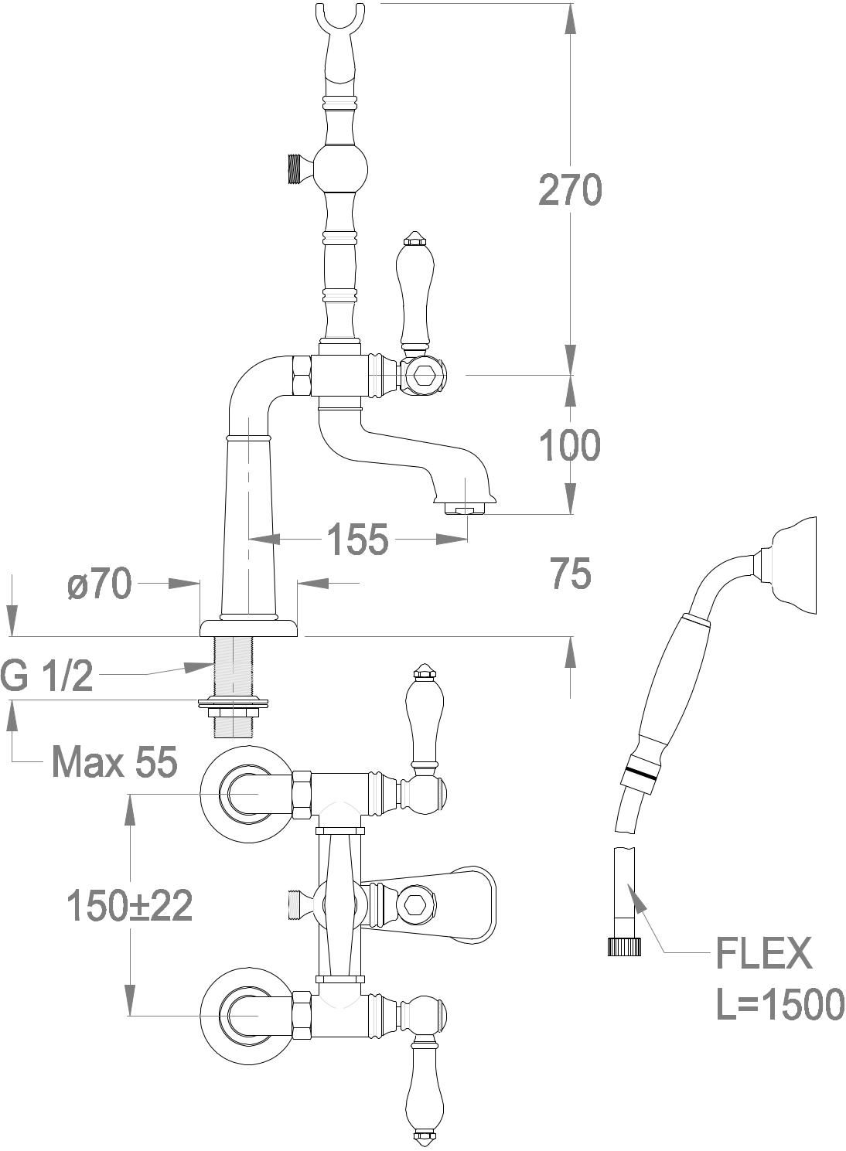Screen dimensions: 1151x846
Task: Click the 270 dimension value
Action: tap(569, 190)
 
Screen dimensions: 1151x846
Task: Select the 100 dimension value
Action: tap(569, 445)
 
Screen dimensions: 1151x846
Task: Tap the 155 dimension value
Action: tap(356, 540)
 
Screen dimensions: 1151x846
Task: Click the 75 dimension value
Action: tap(571, 574)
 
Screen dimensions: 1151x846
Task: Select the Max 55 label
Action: tap(114, 762)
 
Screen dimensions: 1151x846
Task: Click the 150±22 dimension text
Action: tap(129, 905)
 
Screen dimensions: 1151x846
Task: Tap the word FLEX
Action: tap(764, 953)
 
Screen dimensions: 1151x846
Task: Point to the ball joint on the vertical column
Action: tap(338, 167)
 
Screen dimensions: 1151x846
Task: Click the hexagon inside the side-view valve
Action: tap(423, 376)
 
